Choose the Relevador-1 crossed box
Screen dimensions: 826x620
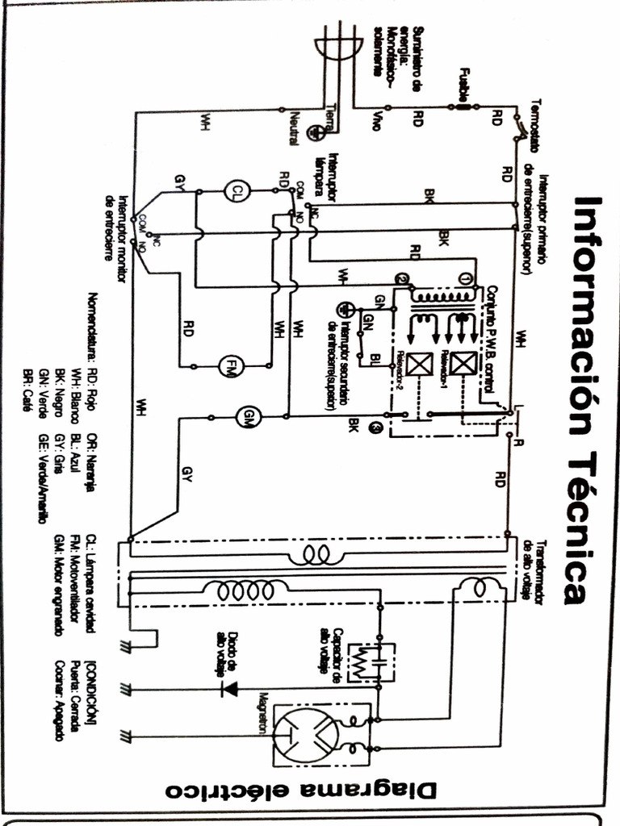[x=463, y=365]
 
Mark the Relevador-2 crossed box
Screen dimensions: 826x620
[x=418, y=365]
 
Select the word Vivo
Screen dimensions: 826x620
[x=377, y=121]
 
